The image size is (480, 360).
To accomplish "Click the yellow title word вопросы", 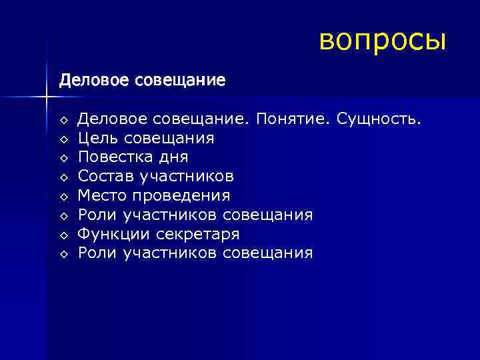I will coord(382,40).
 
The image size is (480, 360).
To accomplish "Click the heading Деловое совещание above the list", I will coord(142,81).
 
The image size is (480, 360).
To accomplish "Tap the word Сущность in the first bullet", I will coord(379,119).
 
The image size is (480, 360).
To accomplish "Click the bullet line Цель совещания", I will coord(146,139).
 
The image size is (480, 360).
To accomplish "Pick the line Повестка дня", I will coord(133,158).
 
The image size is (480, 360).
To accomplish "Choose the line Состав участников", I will coord(155,177).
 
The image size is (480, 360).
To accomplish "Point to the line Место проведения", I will coord(154,196).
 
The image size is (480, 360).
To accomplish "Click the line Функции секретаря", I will coord(159,235).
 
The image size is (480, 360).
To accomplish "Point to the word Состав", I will coord(103,177).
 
